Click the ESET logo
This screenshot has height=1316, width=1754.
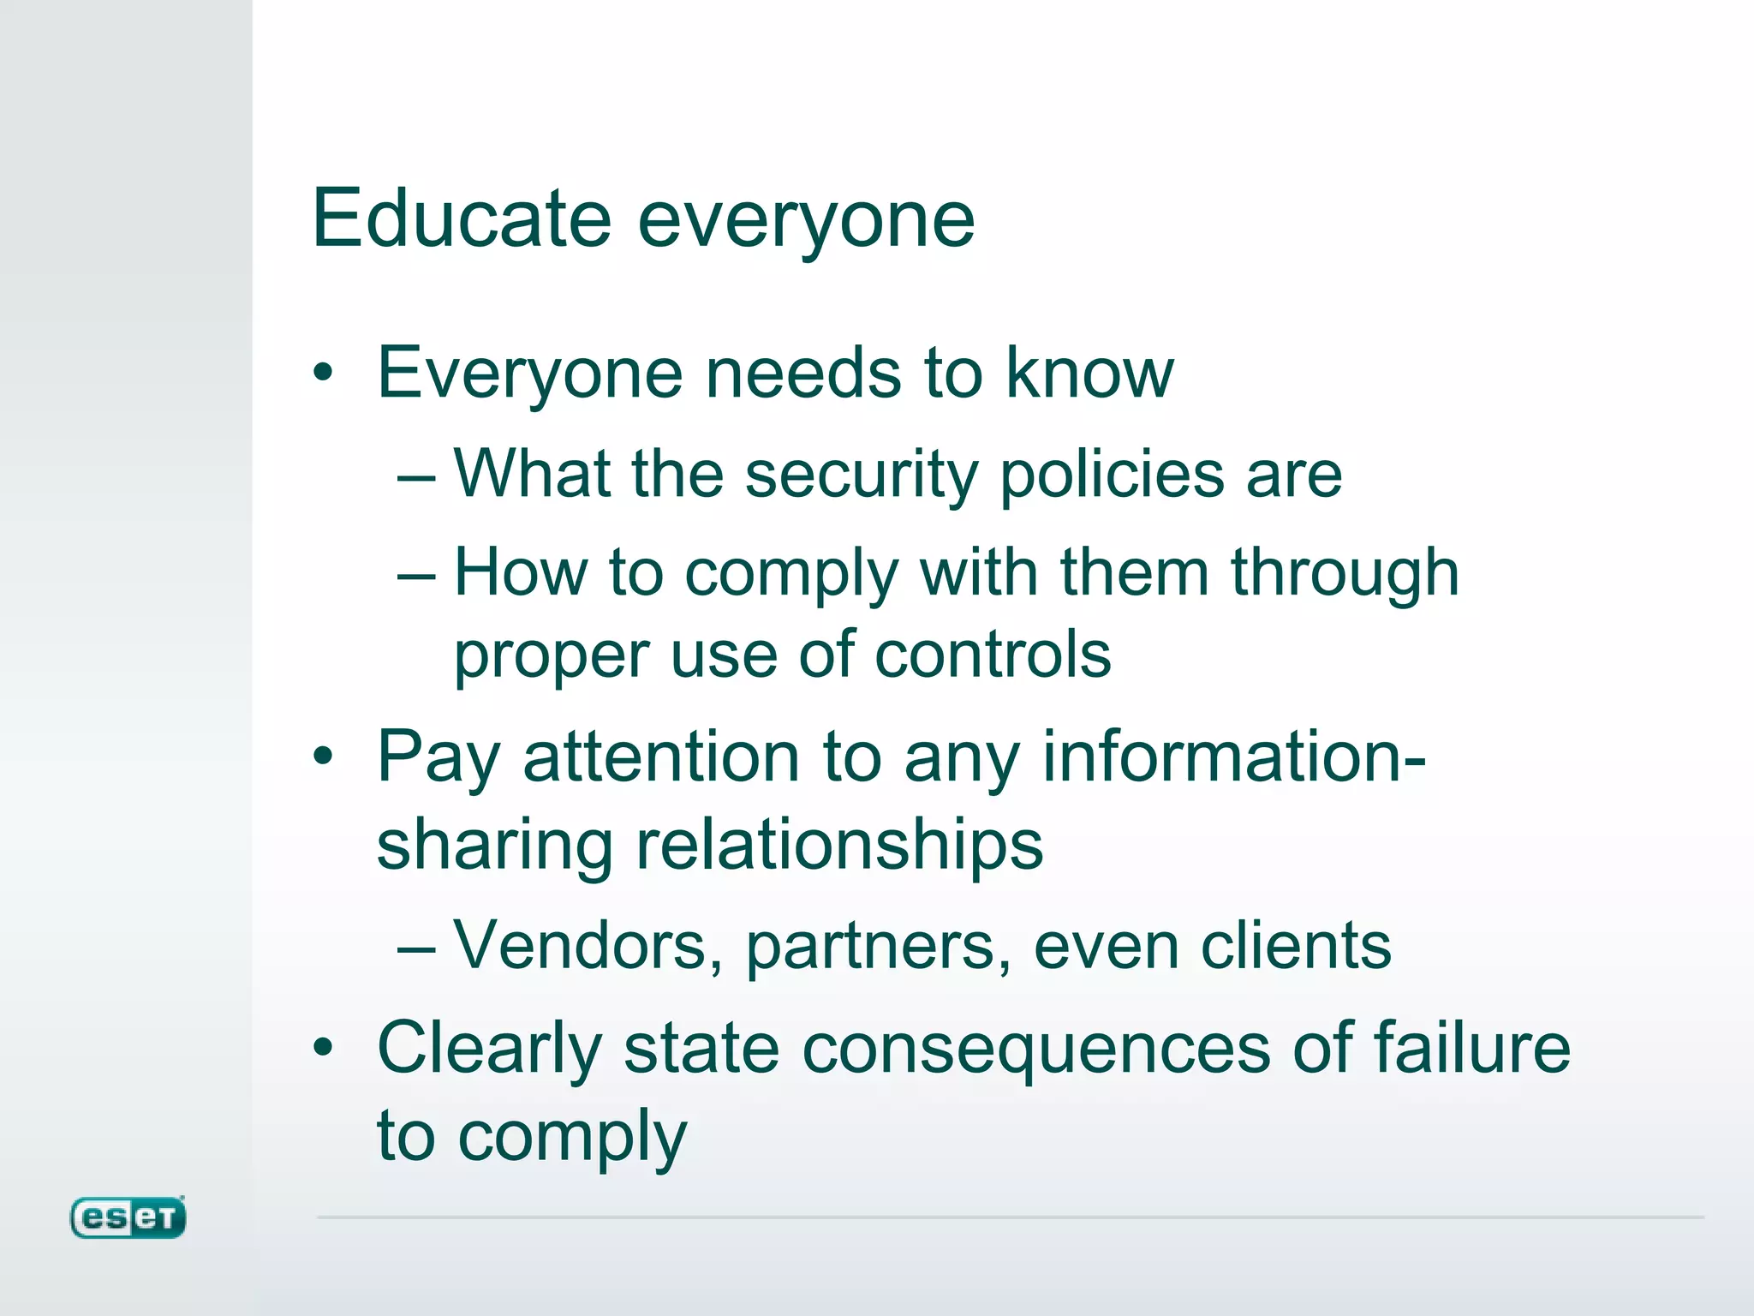pyautogui.click(x=128, y=1217)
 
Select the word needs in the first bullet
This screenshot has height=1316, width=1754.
pyautogui.click(x=802, y=374)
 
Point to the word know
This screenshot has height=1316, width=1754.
pyautogui.click(x=1089, y=374)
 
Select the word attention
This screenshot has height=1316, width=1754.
pyautogui.click(x=659, y=757)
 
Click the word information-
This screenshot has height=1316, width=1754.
pyautogui.click(x=1234, y=757)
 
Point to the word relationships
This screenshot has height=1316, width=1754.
pyautogui.click(x=838, y=845)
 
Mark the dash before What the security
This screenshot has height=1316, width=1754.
pyautogui.click(x=417, y=477)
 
